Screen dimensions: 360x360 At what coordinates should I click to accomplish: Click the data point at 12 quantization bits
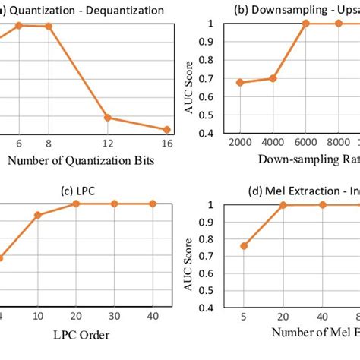(108, 118)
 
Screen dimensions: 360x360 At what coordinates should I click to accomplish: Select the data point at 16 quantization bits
(166, 130)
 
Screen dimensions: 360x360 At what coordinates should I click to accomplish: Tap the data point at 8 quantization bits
(50, 26)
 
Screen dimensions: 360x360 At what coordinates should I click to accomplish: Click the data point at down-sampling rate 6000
(305, 24)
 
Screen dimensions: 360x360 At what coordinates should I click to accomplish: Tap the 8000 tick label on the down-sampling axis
(337, 143)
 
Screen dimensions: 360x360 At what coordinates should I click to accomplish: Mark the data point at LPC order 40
(153, 204)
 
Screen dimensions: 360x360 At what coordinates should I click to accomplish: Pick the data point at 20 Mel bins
(283, 205)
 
